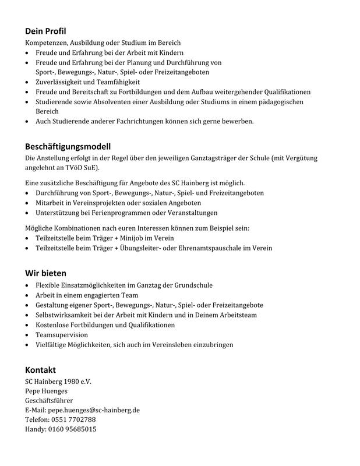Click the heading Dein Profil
(x=49, y=31)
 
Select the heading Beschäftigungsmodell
(x=68, y=146)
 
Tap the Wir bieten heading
(x=45, y=273)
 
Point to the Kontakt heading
(x=40, y=370)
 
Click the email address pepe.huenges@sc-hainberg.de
(x=94, y=410)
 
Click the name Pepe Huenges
(x=46, y=391)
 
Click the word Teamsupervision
(x=62, y=335)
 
